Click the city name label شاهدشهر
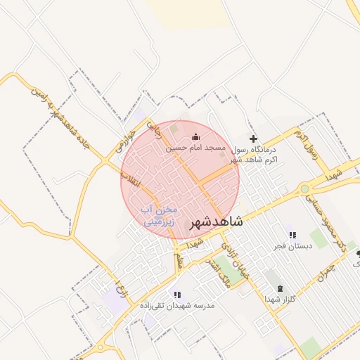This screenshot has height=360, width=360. pyautogui.click(x=217, y=222)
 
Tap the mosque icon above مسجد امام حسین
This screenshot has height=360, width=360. pyautogui.click(x=195, y=137)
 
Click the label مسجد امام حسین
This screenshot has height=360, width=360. pyautogui.click(x=195, y=148)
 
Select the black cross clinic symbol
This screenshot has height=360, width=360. pyautogui.click(x=254, y=139)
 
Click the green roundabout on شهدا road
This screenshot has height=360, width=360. pyautogui.click(x=304, y=188)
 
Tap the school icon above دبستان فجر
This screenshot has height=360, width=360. pyautogui.click(x=292, y=235)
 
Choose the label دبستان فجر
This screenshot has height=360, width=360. pyautogui.click(x=290, y=246)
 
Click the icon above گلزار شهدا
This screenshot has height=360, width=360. pyautogui.click(x=281, y=289)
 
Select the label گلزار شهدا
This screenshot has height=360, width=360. pyautogui.click(x=278, y=300)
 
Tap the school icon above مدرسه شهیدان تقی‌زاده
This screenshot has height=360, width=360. pyautogui.click(x=177, y=295)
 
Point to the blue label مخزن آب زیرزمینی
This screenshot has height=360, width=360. pyautogui.click(x=160, y=215)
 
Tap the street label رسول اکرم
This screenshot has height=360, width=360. pyautogui.click(x=307, y=143)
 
